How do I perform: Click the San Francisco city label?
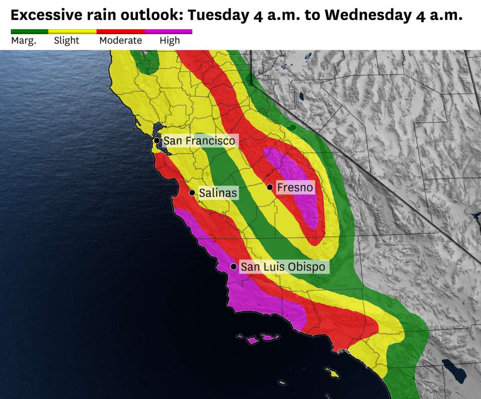[x=199, y=141]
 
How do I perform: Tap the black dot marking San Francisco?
[x=157, y=140]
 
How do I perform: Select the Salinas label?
[x=218, y=193]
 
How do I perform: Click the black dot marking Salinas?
[x=192, y=193]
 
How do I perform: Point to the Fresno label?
[x=295, y=187]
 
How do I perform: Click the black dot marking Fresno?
[x=270, y=187]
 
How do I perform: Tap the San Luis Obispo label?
[x=283, y=267]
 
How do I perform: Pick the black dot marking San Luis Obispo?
[x=234, y=267]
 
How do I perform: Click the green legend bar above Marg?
[x=29, y=31]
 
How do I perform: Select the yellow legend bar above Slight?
[x=72, y=31]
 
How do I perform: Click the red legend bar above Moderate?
[x=121, y=31]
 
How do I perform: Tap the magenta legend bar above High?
[x=168, y=31]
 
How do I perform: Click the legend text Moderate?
[x=121, y=41]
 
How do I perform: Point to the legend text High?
[x=170, y=41]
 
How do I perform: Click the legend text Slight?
[x=67, y=41]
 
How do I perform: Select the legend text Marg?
[x=24, y=41]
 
